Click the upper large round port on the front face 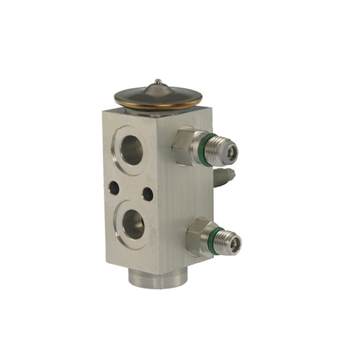[x=131, y=149]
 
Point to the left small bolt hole [x=112, y=188]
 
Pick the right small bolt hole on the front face [x=148, y=192]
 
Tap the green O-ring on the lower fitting [x=210, y=240]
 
